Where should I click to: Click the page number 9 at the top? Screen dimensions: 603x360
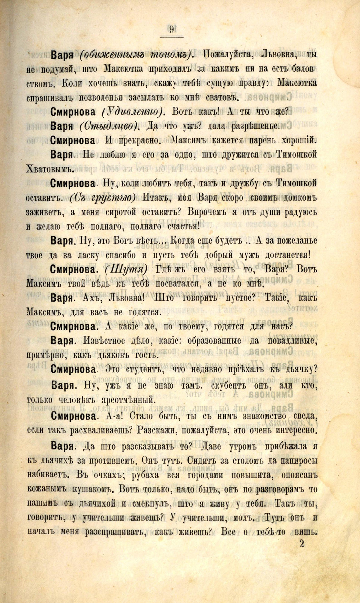click(171, 29)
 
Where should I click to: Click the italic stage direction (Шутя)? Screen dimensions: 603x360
click(126, 269)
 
